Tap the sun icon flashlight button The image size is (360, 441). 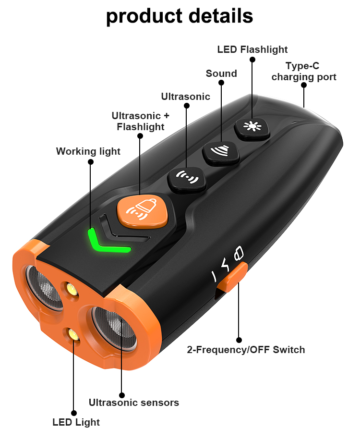click(x=252, y=128)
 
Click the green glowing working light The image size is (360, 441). click(x=108, y=242)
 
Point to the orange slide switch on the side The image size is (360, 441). click(x=233, y=277)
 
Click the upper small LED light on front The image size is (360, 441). click(x=72, y=289)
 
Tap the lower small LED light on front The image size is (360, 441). click(x=74, y=335)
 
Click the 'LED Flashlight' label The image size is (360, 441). click(x=252, y=49)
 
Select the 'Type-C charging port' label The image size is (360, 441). click(x=303, y=72)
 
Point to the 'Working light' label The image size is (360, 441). click(x=88, y=151)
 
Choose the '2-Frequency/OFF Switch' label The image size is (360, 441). click(x=246, y=350)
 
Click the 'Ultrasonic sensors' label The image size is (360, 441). click(x=134, y=403)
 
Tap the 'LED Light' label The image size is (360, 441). click(x=76, y=422)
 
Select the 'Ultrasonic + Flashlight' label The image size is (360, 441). click(x=141, y=121)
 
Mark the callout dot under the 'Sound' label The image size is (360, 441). click(x=221, y=83)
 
